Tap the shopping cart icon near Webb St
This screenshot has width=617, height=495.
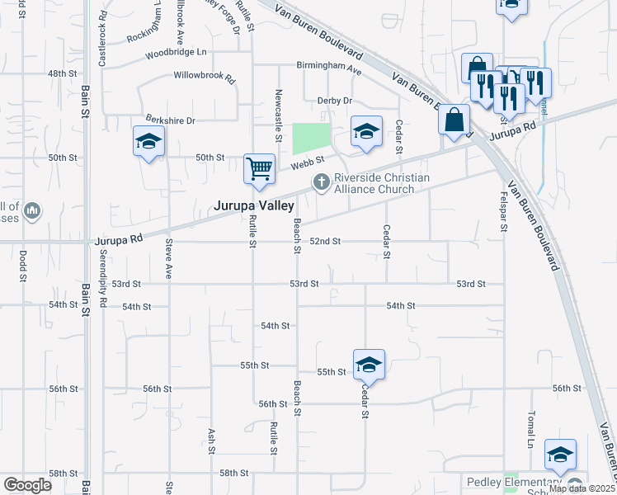tap(259, 168)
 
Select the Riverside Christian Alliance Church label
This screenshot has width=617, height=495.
tap(381, 183)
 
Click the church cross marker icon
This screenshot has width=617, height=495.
tap(320, 181)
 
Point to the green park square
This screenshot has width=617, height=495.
tap(311, 139)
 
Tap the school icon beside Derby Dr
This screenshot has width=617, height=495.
tap(367, 131)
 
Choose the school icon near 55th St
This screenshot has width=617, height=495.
tap(369, 365)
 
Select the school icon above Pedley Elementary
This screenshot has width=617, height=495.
tap(560, 454)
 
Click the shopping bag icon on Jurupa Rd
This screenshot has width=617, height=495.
tap(454, 120)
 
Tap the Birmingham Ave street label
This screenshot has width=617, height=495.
tap(330, 69)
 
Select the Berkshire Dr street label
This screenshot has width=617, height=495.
tap(170, 120)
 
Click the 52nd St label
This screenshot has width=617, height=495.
tap(325, 241)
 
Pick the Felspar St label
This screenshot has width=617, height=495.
tap(502, 210)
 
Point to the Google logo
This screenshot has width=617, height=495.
tap(27, 484)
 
